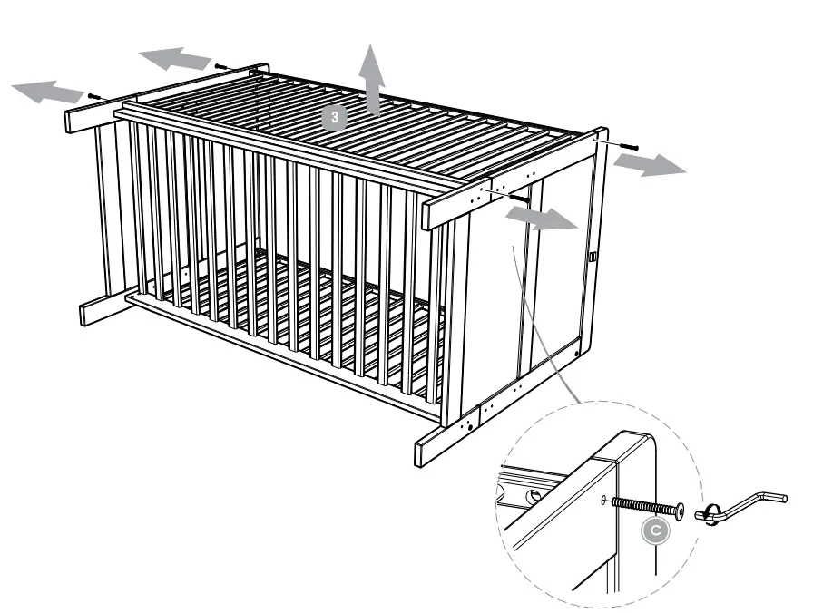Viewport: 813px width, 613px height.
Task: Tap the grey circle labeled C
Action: click(x=651, y=531)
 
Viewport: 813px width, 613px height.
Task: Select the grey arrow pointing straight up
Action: click(x=370, y=80)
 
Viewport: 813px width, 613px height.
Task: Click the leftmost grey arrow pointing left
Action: click(x=47, y=91)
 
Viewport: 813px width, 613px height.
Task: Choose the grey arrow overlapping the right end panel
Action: click(x=541, y=218)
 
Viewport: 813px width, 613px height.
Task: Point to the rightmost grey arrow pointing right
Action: click(x=646, y=163)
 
